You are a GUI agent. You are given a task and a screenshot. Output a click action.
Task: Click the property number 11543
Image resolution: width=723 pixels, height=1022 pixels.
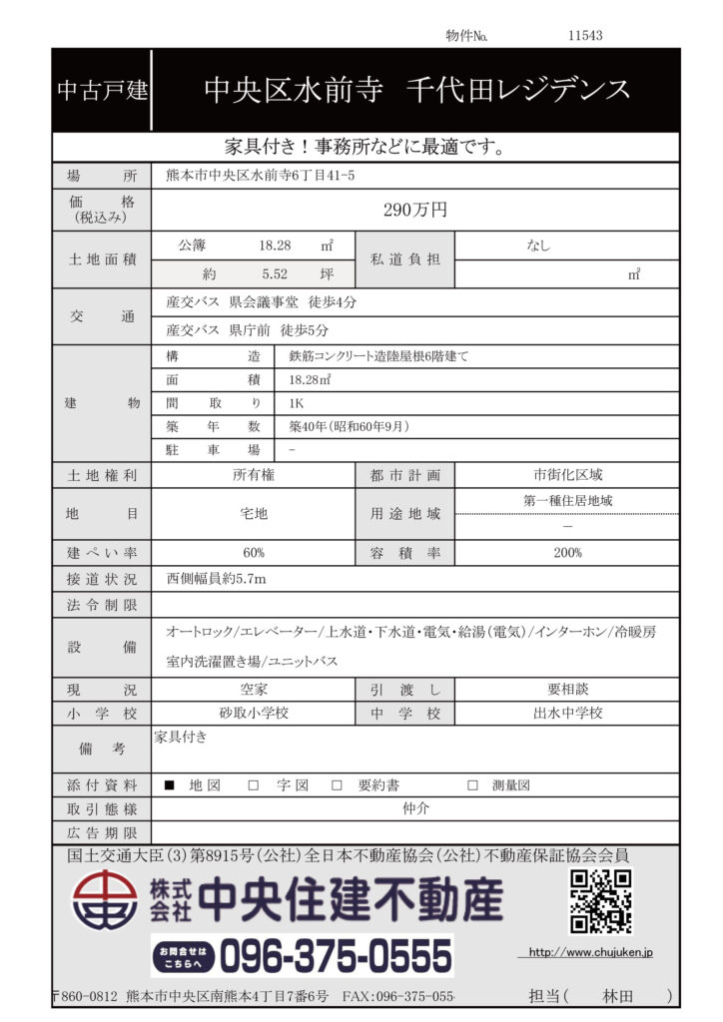pyautogui.click(x=585, y=35)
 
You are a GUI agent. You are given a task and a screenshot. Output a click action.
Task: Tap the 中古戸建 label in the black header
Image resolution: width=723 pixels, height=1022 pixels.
pyautogui.click(x=102, y=91)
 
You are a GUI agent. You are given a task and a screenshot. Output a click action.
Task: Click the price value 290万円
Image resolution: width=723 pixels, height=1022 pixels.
pyautogui.click(x=415, y=210)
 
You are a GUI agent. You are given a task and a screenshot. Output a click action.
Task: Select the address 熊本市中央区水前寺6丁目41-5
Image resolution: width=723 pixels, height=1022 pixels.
pyautogui.click(x=260, y=176)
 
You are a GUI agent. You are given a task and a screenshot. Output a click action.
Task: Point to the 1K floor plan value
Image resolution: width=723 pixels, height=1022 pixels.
pyautogui.click(x=297, y=403)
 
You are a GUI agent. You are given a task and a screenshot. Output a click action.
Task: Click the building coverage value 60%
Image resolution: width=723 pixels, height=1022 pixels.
pyautogui.click(x=254, y=553)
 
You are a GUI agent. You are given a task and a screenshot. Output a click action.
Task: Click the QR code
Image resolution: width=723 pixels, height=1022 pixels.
pyautogui.click(x=600, y=901)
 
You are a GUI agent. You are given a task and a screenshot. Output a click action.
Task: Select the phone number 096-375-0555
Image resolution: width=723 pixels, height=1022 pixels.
pyautogui.click(x=336, y=956)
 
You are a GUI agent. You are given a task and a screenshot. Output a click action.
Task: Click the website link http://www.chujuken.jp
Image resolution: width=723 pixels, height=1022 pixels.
pyautogui.click(x=590, y=953)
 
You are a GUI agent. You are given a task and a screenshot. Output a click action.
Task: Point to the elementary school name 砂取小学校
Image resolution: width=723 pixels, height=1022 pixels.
pyautogui.click(x=254, y=713)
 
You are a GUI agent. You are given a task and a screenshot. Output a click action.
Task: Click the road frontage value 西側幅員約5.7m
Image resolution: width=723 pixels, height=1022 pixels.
pyautogui.click(x=216, y=578)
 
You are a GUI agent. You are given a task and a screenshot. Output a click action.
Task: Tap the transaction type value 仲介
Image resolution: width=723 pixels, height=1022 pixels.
pyautogui.click(x=414, y=808)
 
